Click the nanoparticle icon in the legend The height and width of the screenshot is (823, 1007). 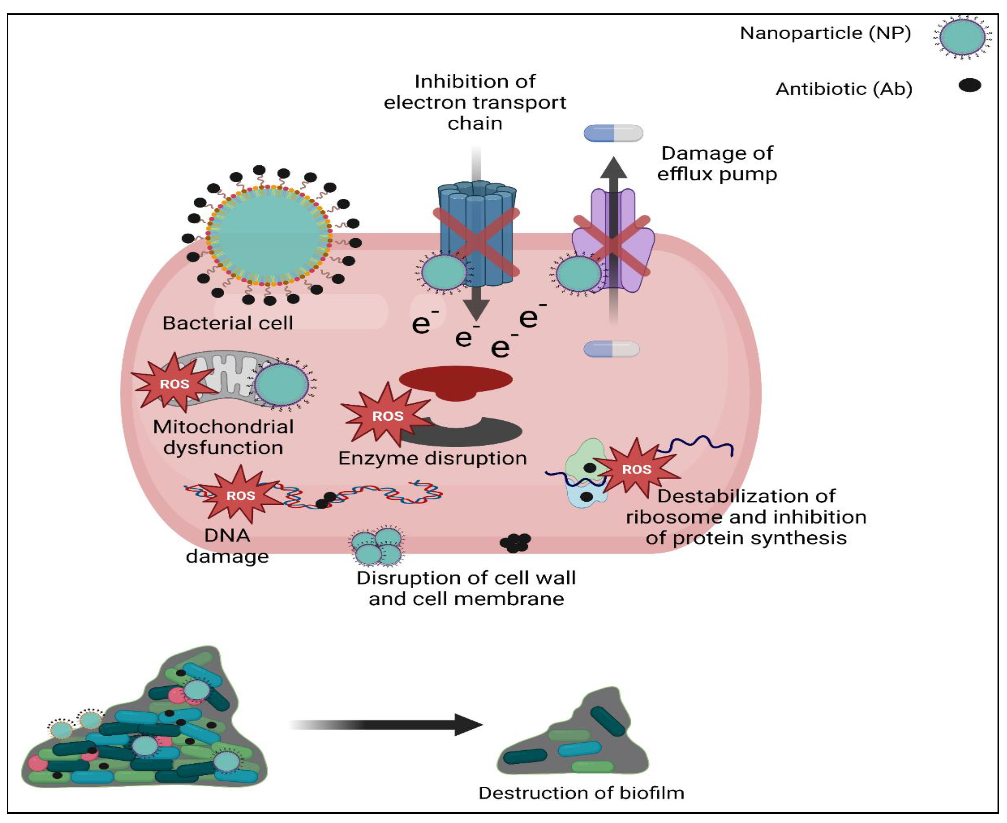(962, 37)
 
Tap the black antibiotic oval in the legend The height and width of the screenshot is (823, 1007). (970, 85)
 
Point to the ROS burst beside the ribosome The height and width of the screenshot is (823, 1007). (636, 469)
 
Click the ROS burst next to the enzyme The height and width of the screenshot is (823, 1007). (387, 416)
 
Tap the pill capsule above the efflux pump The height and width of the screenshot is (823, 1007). (613, 133)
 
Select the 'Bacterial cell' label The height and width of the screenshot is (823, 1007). (228, 323)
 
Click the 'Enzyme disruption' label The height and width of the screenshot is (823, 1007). (432, 458)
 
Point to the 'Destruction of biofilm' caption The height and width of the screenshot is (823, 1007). (581, 793)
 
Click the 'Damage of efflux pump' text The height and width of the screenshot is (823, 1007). (717, 163)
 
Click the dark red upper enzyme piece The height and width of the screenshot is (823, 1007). (455, 382)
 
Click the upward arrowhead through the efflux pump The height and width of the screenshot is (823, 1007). (614, 168)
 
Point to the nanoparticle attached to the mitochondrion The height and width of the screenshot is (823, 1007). (282, 383)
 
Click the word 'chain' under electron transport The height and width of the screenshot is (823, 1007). (475, 123)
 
